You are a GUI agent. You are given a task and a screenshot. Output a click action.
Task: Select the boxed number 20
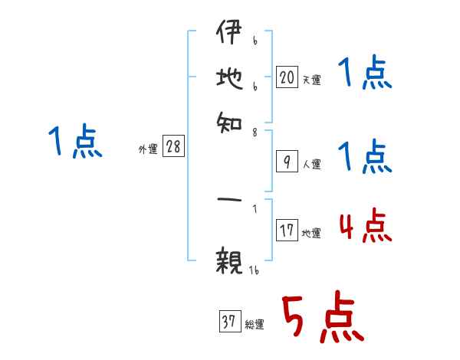(x=286, y=77)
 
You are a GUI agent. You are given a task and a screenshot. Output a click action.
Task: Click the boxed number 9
(x=286, y=162)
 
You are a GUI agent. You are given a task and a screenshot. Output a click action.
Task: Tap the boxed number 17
(x=286, y=231)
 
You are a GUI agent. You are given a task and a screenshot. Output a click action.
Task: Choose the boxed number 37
(x=228, y=322)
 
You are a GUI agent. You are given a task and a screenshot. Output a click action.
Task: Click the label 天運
(x=311, y=80)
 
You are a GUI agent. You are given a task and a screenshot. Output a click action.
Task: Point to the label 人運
(x=311, y=164)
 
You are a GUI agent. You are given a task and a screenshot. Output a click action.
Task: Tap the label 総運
(x=255, y=325)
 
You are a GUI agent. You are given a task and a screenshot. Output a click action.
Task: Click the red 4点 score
(x=365, y=226)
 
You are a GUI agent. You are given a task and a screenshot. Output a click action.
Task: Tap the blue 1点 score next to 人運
(x=365, y=157)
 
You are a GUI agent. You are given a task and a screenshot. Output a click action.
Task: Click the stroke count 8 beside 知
(x=255, y=133)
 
